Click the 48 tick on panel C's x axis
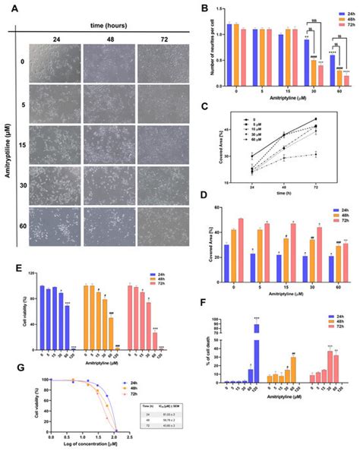pyautogui.click(x=284, y=190)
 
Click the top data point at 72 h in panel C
pyautogui.click(x=315, y=118)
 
